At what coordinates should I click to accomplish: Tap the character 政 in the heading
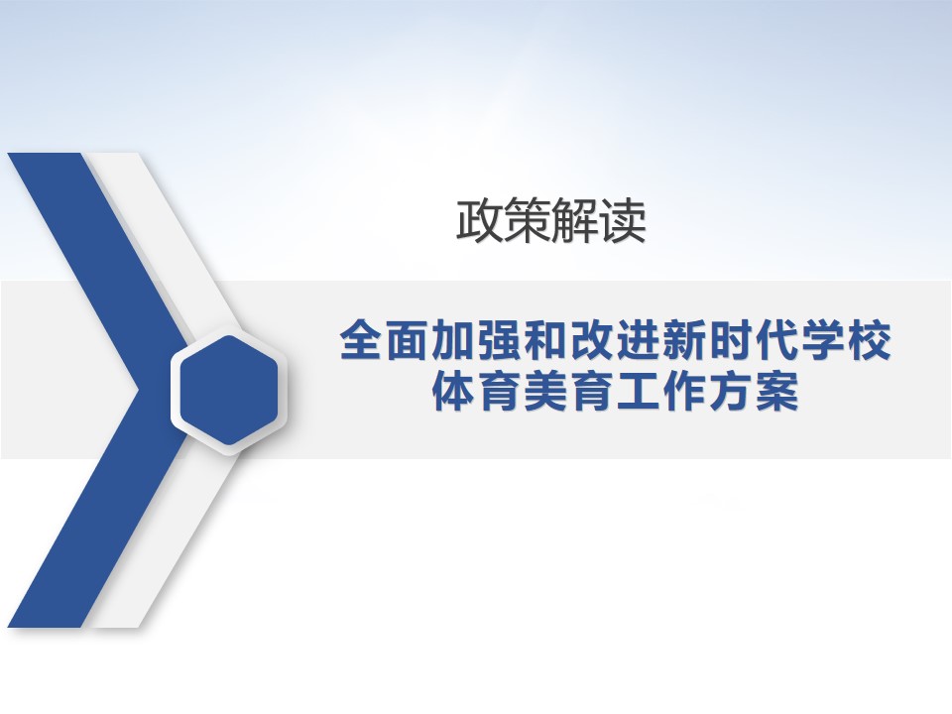coord(480,221)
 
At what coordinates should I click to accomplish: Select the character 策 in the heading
coord(528,221)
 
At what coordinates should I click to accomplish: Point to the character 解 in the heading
coord(575,221)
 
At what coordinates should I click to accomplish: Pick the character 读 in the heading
coord(623,221)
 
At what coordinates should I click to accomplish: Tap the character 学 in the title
coord(824,340)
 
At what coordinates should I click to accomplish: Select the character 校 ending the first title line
coord(870,340)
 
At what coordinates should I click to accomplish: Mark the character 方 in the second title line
coord(732,392)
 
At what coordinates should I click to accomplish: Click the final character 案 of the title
coord(777,392)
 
